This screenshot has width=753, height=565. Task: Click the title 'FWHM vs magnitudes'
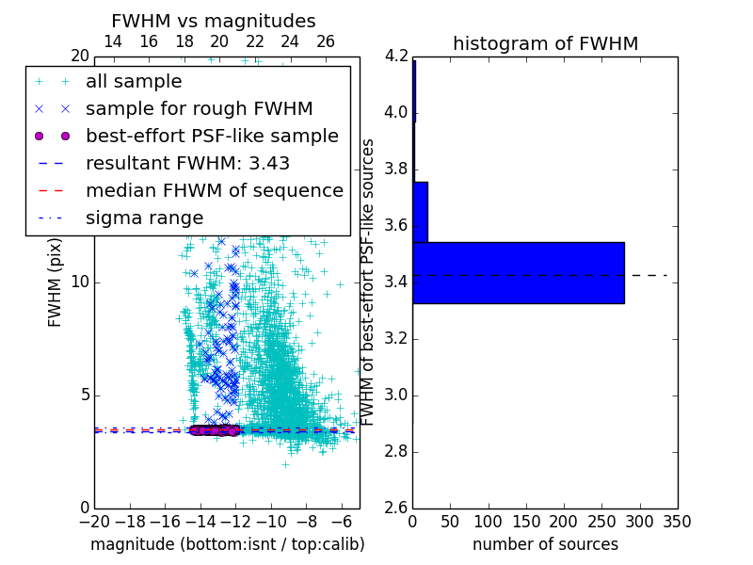(213, 21)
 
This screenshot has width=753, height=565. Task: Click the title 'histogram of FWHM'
(545, 43)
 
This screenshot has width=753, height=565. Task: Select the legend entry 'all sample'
(134, 82)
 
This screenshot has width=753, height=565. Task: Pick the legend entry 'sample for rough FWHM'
(199, 109)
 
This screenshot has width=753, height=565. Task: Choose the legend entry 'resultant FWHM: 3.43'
(187, 163)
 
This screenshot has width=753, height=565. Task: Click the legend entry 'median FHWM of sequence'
(214, 190)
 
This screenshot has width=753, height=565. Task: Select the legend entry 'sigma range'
(144, 218)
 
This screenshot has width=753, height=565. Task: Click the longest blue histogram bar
(518, 273)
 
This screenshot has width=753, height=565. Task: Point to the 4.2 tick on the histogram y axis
(395, 56)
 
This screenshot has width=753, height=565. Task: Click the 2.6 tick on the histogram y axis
(395, 508)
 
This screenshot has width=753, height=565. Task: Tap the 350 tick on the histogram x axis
(678, 521)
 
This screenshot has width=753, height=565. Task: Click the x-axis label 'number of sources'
(545, 544)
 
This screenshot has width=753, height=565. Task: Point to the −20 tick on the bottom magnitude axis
(94, 521)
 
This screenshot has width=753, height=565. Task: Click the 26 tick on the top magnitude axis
(326, 41)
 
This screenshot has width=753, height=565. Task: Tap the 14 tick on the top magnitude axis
(112, 41)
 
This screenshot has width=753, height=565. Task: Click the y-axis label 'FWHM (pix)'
(56, 282)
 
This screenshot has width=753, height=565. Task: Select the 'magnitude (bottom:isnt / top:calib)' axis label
(227, 544)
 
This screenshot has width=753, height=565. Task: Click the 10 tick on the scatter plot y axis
(79, 282)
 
